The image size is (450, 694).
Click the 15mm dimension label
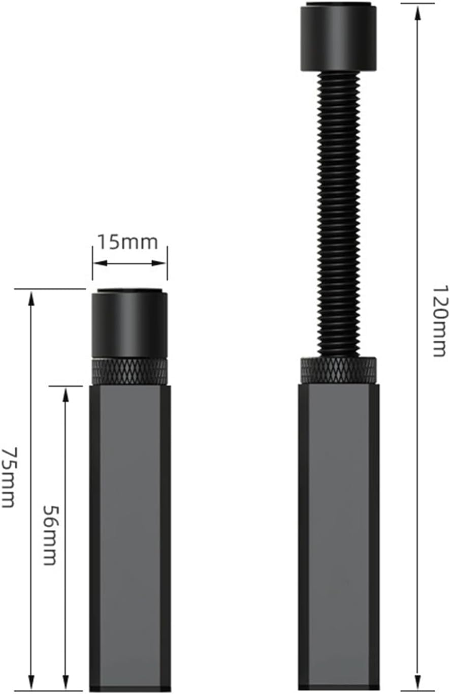point(127,242)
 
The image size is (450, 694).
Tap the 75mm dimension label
point(9,477)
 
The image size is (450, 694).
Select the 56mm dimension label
point(49,535)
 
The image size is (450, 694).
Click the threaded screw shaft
point(339,214)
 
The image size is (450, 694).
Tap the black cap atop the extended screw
point(339,38)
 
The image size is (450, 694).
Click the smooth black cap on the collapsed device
point(130,324)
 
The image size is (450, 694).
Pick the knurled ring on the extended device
point(339,370)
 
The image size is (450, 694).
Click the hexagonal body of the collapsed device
point(130,534)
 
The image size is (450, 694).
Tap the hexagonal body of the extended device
point(339,534)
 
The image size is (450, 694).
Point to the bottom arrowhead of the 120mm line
point(417,682)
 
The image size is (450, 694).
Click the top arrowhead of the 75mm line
point(31,298)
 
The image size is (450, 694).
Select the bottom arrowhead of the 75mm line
point(31,682)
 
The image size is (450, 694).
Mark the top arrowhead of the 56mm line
point(66,395)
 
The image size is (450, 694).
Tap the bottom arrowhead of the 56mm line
point(66,682)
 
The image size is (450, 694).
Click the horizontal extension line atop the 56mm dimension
point(66,386)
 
